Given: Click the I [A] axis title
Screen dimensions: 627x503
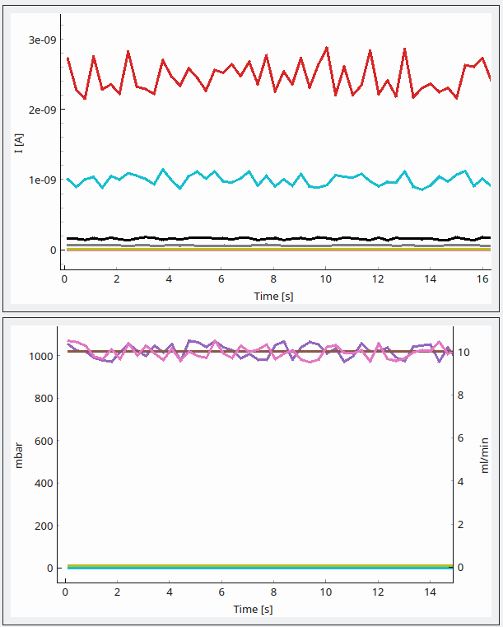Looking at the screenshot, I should tap(18, 144).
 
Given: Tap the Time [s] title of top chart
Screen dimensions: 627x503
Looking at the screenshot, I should tap(274, 296).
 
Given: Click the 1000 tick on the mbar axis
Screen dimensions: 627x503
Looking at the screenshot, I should tap(43, 356).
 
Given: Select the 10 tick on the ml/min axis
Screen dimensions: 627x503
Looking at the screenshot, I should tap(464, 353).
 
